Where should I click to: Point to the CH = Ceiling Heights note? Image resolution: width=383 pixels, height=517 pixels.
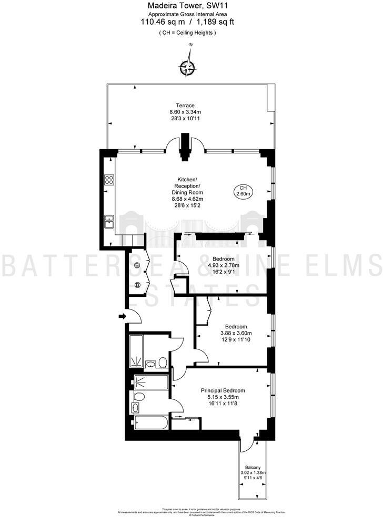187,33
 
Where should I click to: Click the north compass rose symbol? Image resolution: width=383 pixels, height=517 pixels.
188,67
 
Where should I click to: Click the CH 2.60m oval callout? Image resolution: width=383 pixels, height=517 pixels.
243,191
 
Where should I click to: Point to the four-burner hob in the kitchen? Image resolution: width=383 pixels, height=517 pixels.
110,180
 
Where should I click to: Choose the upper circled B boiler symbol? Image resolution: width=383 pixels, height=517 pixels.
137,265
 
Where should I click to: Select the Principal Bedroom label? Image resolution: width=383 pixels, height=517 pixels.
223,391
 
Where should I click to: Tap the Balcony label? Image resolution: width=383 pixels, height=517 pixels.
254,468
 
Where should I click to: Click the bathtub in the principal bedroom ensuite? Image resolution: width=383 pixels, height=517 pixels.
150,422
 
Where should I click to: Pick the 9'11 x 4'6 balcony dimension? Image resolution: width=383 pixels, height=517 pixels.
254,479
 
